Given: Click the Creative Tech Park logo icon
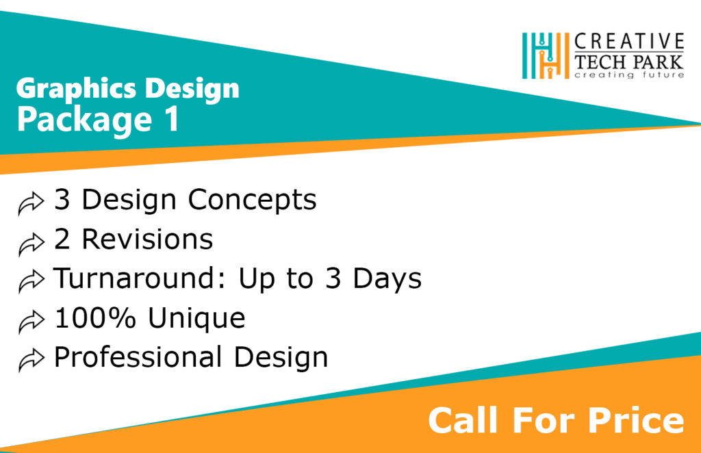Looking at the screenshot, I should point(546,55).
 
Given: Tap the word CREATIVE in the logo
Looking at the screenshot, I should point(629,41).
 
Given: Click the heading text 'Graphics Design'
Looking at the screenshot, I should point(127,88).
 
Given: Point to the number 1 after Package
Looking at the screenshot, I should point(171,119).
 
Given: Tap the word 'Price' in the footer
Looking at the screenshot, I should point(636,419).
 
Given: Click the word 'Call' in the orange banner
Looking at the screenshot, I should point(457,419).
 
